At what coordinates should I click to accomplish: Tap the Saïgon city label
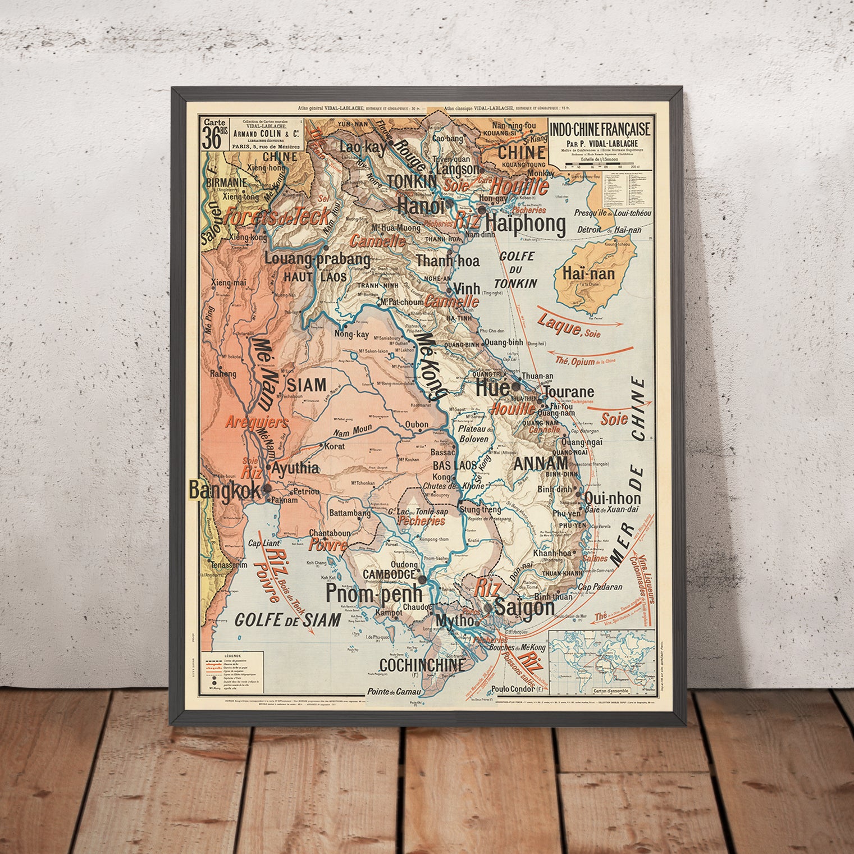[524, 608]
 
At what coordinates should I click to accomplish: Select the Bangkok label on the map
[225, 490]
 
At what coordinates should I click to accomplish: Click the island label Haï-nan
[587, 275]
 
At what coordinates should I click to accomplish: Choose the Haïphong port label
[526, 223]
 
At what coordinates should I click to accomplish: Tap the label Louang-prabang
[317, 259]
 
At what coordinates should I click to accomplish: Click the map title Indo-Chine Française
[600, 129]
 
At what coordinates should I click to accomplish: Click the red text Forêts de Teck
[276, 217]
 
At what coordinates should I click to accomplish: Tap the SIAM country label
[307, 385]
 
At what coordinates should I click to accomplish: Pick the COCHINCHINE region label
[422, 665]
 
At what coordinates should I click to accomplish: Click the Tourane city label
[569, 391]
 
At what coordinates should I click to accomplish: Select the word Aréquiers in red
[257, 422]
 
